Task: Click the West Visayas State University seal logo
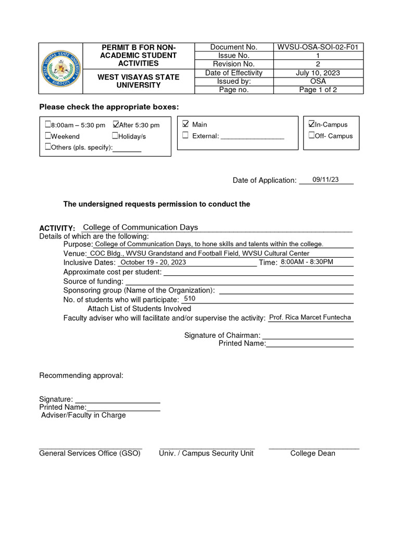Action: (x=61, y=69)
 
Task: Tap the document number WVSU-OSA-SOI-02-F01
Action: (x=318, y=47)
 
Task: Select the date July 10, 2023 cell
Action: (x=318, y=73)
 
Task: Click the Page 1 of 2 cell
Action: (x=318, y=90)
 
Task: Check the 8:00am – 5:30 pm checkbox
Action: (x=48, y=124)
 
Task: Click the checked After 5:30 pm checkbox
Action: (x=116, y=124)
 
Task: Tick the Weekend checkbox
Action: (x=48, y=136)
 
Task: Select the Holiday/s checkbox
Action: (x=115, y=136)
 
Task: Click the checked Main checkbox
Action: (x=185, y=124)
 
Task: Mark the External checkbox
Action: (x=185, y=136)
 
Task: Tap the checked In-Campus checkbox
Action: (x=311, y=124)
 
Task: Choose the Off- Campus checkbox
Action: (x=311, y=135)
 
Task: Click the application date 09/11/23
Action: (x=326, y=180)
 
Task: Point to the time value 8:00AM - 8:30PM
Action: (x=307, y=262)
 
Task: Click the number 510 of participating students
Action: (x=190, y=299)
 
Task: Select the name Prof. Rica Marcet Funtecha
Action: (x=310, y=317)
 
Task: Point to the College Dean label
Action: (x=312, y=453)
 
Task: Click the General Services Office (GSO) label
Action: (x=90, y=453)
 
